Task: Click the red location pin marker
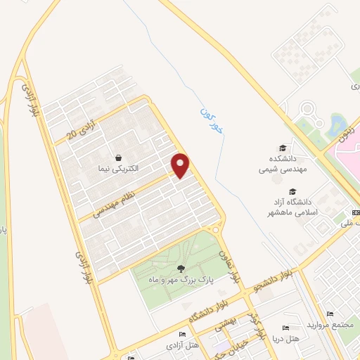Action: coord(181,165)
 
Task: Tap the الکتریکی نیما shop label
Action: coord(119,169)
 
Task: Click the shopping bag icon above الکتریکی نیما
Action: coord(119,157)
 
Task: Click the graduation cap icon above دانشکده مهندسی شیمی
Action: coord(283,148)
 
